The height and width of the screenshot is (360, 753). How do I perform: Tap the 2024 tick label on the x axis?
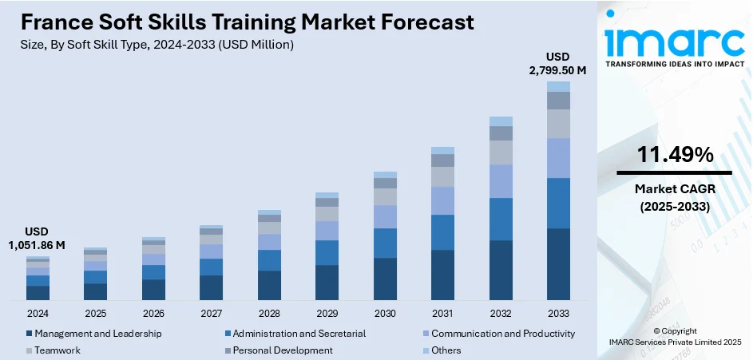(38, 314)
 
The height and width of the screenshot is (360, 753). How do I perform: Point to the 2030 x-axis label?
(385, 314)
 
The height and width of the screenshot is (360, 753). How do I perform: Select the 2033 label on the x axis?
(558, 314)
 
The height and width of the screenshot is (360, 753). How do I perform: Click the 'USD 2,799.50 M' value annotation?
(558, 64)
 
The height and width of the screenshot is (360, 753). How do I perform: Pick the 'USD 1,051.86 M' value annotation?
(38, 238)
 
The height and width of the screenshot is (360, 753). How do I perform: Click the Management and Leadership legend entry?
(98, 333)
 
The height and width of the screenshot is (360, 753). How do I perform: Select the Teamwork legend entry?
(57, 350)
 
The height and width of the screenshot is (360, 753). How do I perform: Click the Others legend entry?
(446, 350)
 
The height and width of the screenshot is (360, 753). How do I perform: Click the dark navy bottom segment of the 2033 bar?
(558, 264)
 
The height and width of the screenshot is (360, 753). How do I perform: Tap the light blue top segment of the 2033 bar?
(558, 86)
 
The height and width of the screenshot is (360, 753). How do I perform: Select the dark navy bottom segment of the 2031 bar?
(442, 275)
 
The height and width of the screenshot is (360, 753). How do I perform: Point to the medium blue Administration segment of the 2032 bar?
(501, 219)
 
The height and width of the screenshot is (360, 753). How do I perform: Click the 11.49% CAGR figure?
(675, 156)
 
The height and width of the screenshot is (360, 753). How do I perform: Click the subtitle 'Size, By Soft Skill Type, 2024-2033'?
(157, 45)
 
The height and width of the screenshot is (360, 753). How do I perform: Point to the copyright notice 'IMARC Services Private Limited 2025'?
(675, 342)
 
